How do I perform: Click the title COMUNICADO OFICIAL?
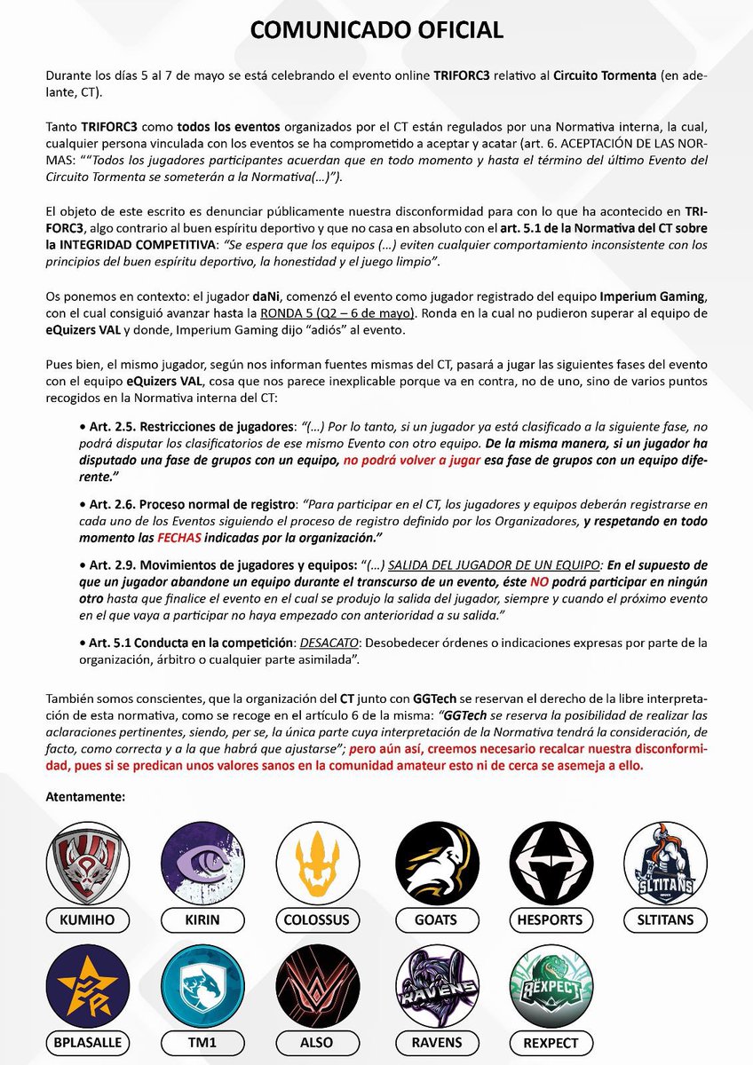[376, 29]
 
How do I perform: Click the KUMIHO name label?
[86, 919]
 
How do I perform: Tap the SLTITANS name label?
[666, 919]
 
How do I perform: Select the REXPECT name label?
[551, 1043]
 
